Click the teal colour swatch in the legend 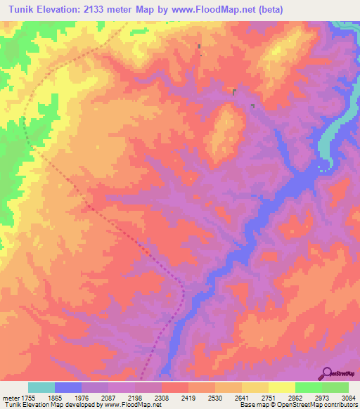(x=41, y=387)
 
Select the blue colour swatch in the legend (x=68, y=387)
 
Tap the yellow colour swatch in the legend (x=282, y=387)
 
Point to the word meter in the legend (x=11, y=398)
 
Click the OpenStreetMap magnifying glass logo (x=326, y=373)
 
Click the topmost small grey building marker (x=199, y=47)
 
